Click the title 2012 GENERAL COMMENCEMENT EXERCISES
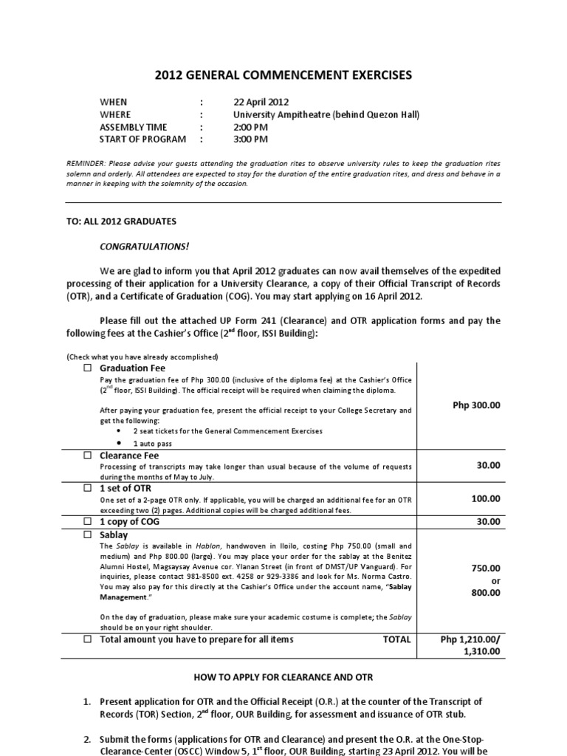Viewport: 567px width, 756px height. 283,75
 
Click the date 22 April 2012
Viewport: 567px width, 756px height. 261,102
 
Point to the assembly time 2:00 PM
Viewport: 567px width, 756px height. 250,127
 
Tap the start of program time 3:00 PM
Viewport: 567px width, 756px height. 250,139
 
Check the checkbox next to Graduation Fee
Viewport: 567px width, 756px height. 86,368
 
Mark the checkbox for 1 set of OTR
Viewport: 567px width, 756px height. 86,489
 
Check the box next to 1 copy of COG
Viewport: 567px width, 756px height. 86,522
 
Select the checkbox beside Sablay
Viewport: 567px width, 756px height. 86,535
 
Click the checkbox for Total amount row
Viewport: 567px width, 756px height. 86,639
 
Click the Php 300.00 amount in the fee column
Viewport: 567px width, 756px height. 475,405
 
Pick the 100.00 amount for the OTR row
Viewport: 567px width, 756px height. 485,499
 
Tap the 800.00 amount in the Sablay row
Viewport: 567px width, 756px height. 485,592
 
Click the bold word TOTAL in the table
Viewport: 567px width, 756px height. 396,639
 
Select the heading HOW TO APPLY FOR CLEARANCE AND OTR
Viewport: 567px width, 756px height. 283,677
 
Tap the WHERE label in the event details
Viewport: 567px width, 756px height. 115,114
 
